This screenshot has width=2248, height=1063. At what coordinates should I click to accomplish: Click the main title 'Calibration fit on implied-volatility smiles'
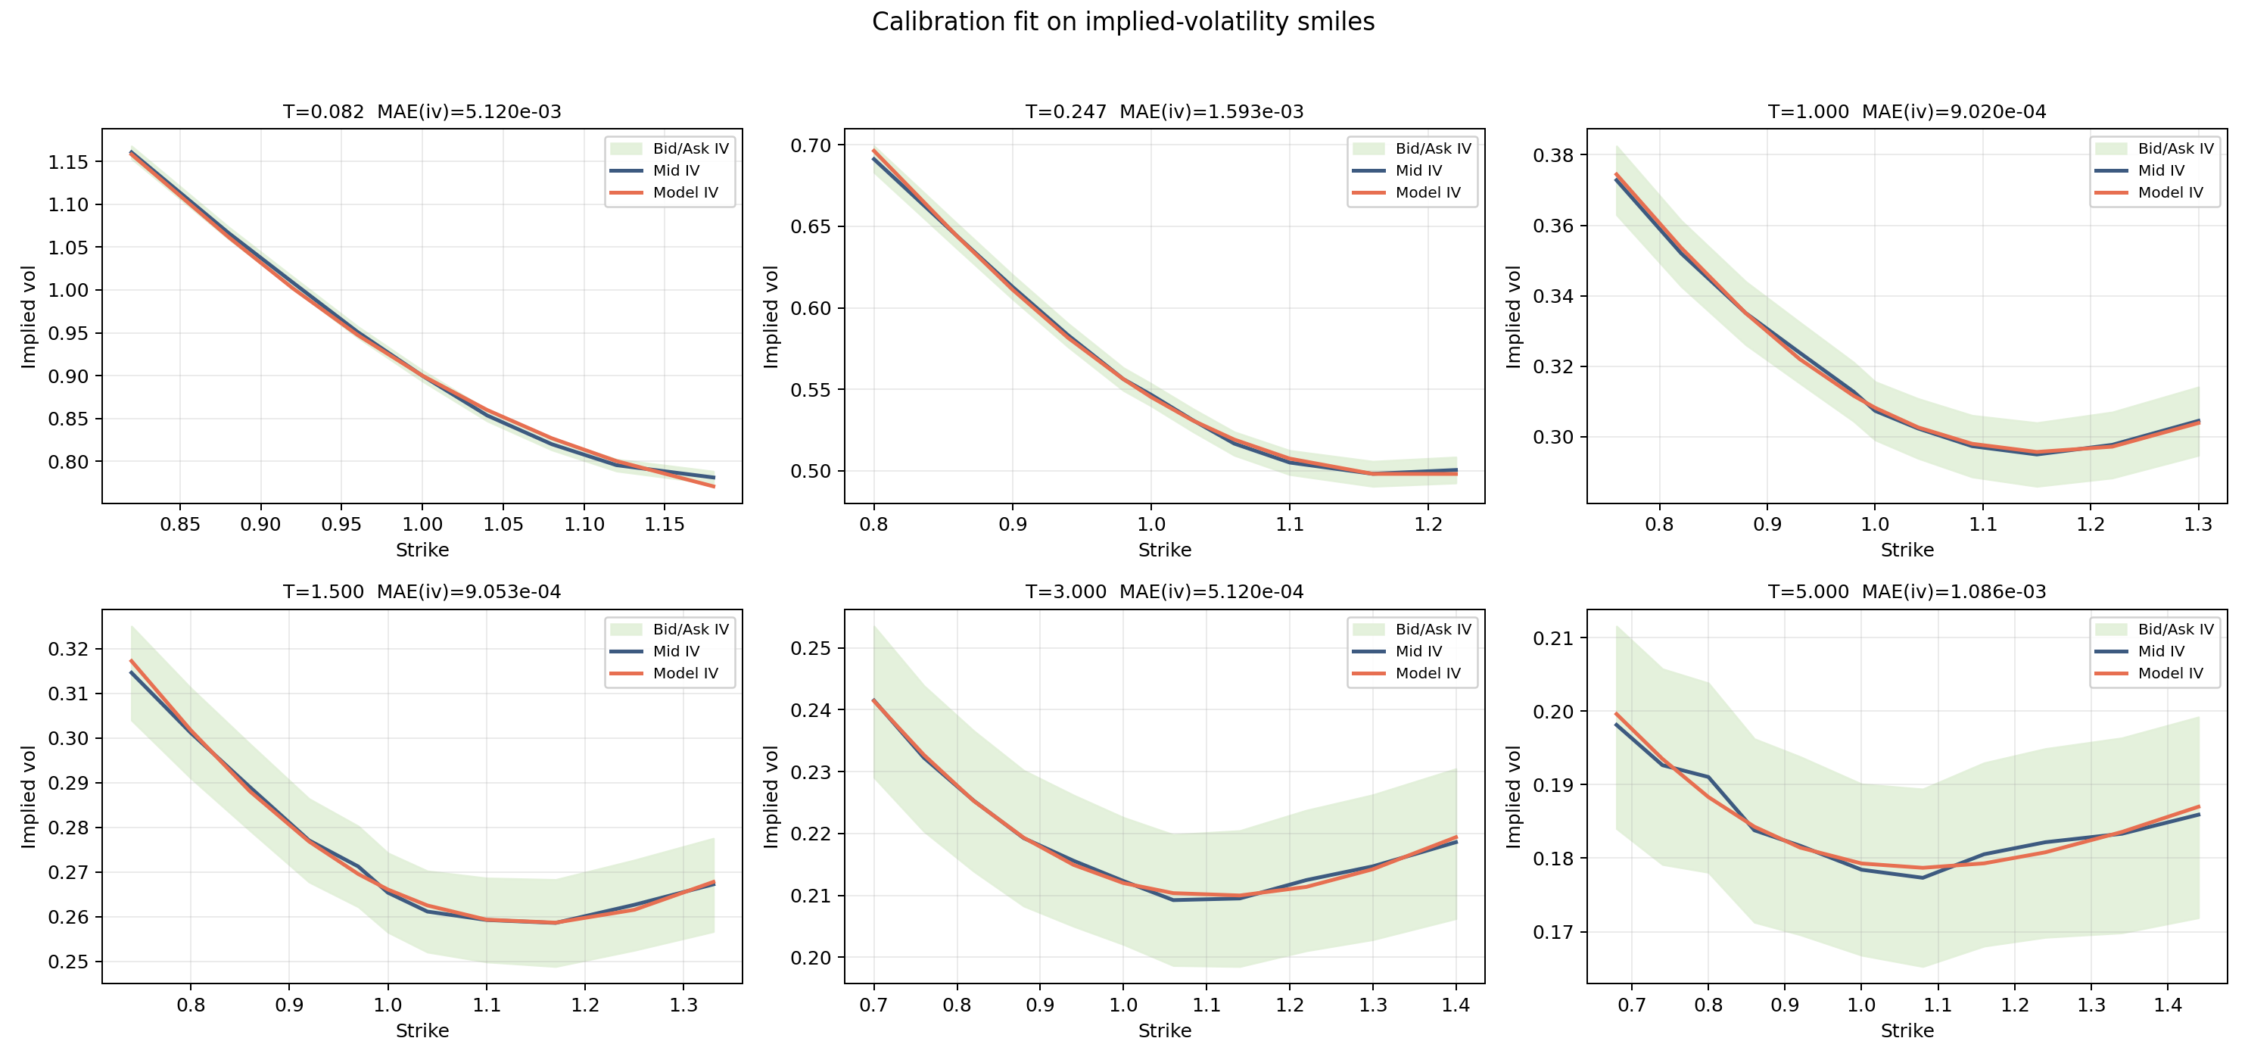click(x=1123, y=22)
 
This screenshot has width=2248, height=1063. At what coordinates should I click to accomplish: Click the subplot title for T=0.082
click(x=323, y=112)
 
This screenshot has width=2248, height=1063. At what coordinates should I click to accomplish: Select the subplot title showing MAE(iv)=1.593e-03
click(x=1211, y=112)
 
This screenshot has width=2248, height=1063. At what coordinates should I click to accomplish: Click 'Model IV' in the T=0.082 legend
click(x=685, y=193)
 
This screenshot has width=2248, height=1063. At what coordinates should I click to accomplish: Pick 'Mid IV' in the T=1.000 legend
click(x=2161, y=171)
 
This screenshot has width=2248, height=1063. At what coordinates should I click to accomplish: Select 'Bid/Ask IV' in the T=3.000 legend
click(x=1433, y=629)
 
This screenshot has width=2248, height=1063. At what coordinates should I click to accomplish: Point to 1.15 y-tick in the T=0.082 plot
click(x=68, y=162)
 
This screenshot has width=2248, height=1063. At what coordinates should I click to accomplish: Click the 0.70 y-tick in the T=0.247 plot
click(x=811, y=146)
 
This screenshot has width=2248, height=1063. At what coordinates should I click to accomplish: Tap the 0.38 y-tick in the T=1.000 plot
click(x=1553, y=155)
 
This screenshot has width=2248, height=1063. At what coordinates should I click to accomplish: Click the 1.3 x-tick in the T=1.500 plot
click(x=683, y=1005)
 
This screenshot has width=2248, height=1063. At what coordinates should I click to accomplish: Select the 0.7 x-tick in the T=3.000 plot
click(x=873, y=1005)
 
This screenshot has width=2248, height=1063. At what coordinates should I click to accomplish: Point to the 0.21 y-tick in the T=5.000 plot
click(x=1553, y=638)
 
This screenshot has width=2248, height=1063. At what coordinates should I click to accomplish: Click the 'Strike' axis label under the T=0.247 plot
click(x=1164, y=550)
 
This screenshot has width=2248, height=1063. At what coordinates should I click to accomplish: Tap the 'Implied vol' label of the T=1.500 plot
click(x=29, y=796)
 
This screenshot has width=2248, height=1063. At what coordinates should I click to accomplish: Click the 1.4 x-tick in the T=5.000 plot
click(x=2168, y=1005)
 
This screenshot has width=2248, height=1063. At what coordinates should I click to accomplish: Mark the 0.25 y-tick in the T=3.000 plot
click(x=811, y=648)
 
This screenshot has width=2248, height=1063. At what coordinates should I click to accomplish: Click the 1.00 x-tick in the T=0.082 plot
click(x=422, y=525)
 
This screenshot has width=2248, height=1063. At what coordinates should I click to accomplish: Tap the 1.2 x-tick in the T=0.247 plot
click(x=1428, y=525)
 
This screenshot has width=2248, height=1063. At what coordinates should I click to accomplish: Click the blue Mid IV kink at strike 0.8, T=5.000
click(x=1708, y=777)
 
